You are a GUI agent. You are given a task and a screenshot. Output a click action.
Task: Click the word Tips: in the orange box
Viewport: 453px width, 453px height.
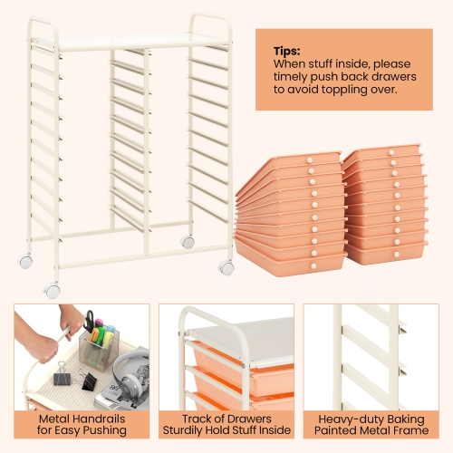(288, 52)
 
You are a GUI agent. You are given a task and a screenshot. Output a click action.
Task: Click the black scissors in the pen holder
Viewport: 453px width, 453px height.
(90, 321)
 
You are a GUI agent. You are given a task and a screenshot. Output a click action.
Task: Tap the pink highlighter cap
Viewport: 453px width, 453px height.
(97, 323)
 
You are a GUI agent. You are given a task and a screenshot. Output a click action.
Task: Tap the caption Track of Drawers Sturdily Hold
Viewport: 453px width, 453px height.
(226, 425)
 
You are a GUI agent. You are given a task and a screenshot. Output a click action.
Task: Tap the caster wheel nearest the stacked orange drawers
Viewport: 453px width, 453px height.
(226, 267)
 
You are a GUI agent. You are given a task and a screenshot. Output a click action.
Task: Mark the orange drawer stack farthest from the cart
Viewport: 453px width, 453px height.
(385, 204)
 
